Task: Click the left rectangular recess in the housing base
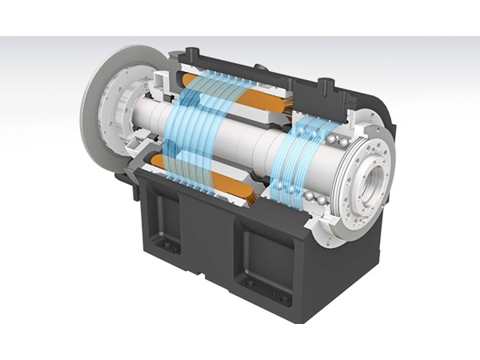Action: (170, 219)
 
